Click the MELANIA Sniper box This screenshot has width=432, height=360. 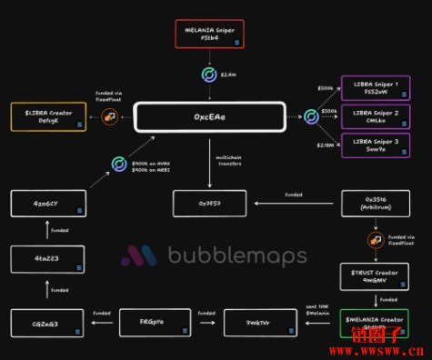209,35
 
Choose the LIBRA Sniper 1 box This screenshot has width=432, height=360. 376,87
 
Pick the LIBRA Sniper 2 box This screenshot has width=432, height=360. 376,116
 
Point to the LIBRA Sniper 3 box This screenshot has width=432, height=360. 376,145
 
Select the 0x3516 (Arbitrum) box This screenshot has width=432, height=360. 376,204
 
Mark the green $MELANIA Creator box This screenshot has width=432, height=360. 376,323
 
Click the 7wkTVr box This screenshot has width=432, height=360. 257,323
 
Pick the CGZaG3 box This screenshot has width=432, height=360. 48,323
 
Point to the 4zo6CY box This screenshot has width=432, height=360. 48,204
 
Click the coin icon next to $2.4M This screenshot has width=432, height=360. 210,76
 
